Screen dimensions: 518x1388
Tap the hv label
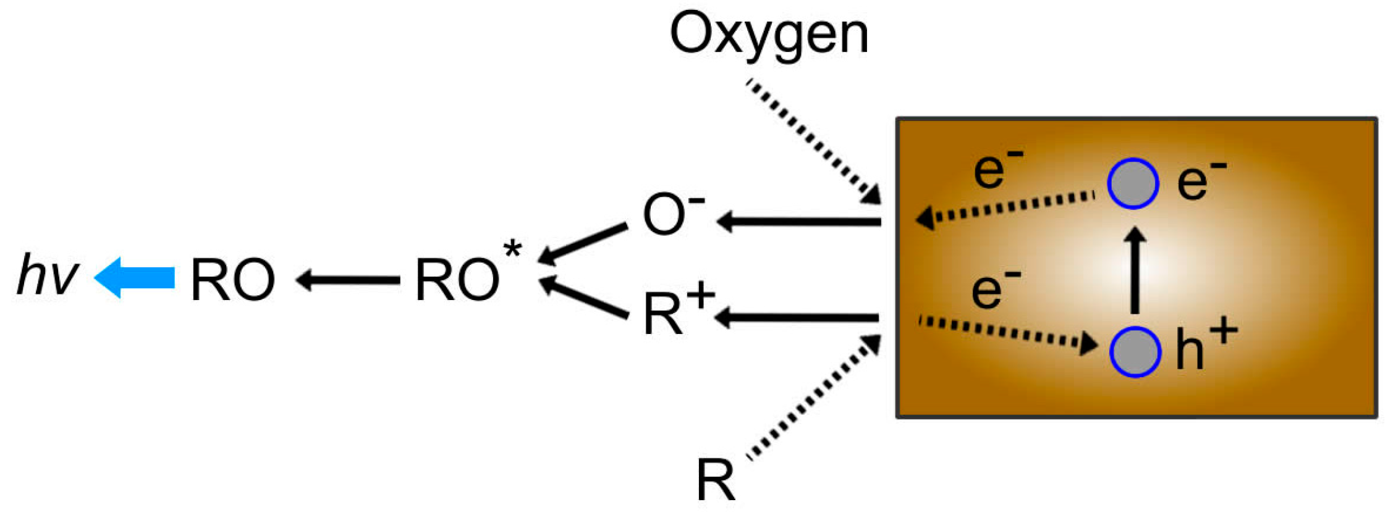point(48,275)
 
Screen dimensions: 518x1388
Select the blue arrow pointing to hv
point(135,278)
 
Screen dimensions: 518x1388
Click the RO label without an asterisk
point(233,280)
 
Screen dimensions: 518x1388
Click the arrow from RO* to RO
point(347,280)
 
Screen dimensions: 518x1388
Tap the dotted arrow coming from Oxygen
point(813,141)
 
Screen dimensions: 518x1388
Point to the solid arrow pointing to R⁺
point(797,318)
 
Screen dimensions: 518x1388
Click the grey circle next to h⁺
point(1135,351)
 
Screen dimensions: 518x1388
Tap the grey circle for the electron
point(1133,183)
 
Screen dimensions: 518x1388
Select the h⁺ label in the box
point(1204,346)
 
